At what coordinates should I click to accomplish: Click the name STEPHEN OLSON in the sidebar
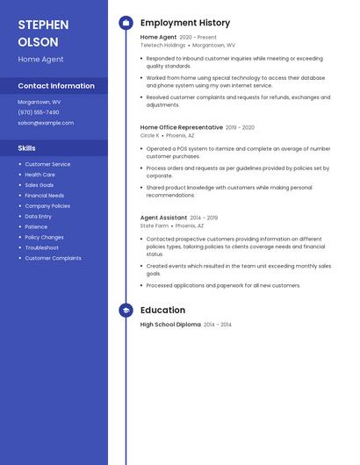pyautogui.click(x=39, y=32)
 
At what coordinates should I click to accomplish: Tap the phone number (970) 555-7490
pyautogui.click(x=39, y=112)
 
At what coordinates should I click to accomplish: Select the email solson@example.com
pyautogui.click(x=46, y=123)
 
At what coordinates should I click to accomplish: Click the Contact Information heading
pyautogui.click(x=56, y=86)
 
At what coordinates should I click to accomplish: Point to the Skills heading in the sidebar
pyautogui.click(x=27, y=148)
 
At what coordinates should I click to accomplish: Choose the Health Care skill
pyautogui.click(x=40, y=175)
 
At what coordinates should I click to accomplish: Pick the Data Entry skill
pyautogui.click(x=38, y=217)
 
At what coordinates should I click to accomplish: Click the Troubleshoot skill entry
pyautogui.click(x=41, y=247)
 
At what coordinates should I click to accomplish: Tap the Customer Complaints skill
pyautogui.click(x=53, y=258)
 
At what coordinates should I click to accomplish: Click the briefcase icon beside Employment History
pyautogui.click(x=126, y=23)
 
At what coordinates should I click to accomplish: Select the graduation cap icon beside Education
pyautogui.click(x=126, y=310)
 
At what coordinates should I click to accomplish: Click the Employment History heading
pyautogui.click(x=185, y=23)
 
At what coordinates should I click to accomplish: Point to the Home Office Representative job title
pyautogui.click(x=181, y=127)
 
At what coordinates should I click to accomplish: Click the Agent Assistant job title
pyautogui.click(x=163, y=218)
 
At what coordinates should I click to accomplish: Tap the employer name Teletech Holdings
pyautogui.click(x=162, y=45)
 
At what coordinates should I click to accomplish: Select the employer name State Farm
pyautogui.click(x=154, y=225)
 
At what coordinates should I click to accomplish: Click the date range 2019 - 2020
pyautogui.click(x=240, y=127)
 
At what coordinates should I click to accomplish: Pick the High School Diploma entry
pyautogui.click(x=170, y=325)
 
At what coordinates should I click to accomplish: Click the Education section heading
pyautogui.click(x=162, y=310)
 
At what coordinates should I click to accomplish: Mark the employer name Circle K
pyautogui.click(x=149, y=136)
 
